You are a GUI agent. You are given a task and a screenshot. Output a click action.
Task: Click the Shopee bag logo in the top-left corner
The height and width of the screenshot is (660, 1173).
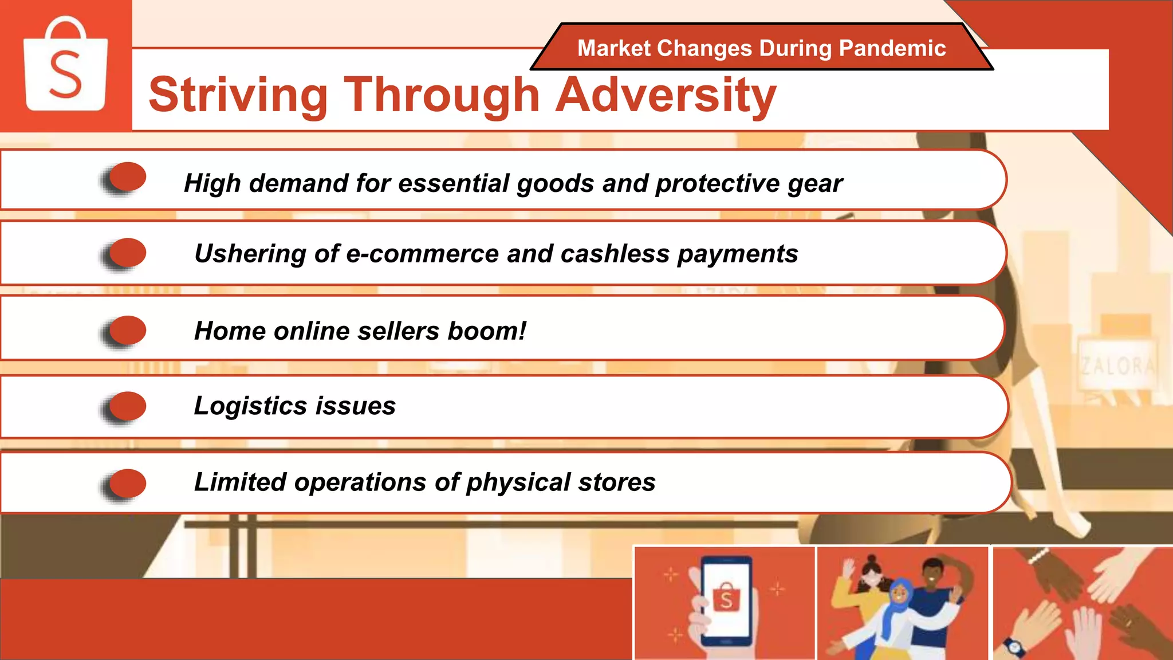click(65, 66)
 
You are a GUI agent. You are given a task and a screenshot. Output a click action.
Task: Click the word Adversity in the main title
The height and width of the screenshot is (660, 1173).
click(666, 95)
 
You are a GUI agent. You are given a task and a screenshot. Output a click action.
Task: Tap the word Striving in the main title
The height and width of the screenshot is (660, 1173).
click(238, 95)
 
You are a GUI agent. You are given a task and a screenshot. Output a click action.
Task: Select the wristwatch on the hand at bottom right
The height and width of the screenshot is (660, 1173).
click(1014, 647)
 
